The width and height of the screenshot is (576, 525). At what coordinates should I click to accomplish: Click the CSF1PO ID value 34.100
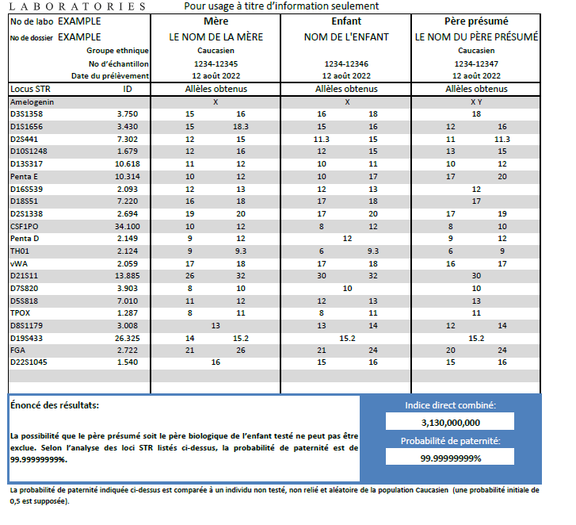click(x=128, y=226)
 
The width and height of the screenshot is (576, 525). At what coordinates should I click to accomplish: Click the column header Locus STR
click(x=30, y=89)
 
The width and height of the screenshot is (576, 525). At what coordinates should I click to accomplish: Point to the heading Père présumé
click(x=476, y=21)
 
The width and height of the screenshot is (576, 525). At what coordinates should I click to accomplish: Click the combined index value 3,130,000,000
click(x=450, y=422)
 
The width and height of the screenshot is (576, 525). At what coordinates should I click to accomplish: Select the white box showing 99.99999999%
click(x=450, y=458)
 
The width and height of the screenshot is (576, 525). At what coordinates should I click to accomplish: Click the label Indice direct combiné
click(x=450, y=405)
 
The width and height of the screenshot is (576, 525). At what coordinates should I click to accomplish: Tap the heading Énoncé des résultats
click(x=55, y=405)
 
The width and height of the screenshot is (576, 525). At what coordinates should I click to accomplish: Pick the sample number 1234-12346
click(x=346, y=63)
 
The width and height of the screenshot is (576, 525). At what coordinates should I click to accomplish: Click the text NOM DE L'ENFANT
click(x=346, y=36)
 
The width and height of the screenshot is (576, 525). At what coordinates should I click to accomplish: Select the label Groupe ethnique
click(x=117, y=50)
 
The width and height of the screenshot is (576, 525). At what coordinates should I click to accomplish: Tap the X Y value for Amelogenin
click(x=476, y=102)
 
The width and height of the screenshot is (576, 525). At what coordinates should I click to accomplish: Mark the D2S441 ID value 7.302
click(x=128, y=139)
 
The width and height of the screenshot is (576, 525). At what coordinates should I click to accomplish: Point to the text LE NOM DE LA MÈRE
click(x=216, y=36)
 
